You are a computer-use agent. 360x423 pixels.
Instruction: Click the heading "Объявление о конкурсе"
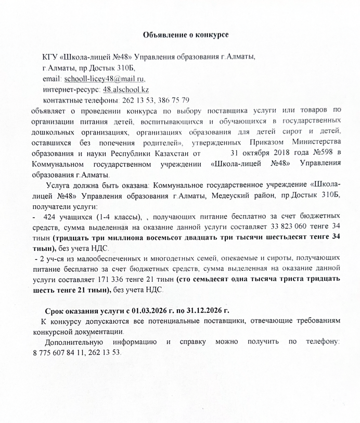click(x=186, y=35)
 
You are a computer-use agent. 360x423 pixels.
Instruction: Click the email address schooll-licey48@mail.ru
click(x=104, y=79)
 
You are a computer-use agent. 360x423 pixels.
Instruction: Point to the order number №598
click(x=324, y=153)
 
